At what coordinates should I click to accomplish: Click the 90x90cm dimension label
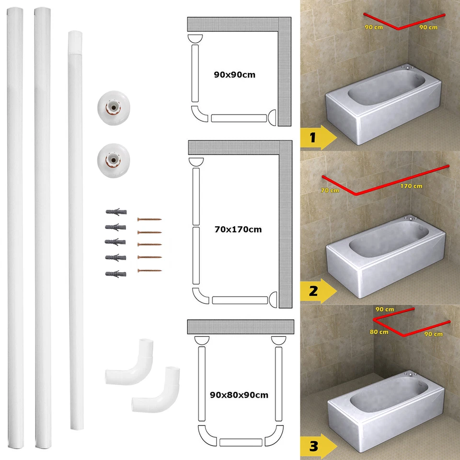[234, 75]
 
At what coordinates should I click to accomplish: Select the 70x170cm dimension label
[238, 230]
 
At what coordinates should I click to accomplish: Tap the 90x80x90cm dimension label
[239, 395]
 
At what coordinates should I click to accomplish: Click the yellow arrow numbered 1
[319, 138]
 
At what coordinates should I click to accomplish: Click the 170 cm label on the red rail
[411, 186]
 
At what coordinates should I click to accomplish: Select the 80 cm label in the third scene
[379, 332]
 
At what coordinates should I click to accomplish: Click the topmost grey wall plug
[115, 212]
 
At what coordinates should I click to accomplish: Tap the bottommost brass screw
[149, 271]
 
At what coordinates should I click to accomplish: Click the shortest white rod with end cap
[75, 230]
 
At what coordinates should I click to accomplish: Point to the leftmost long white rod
[15, 230]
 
